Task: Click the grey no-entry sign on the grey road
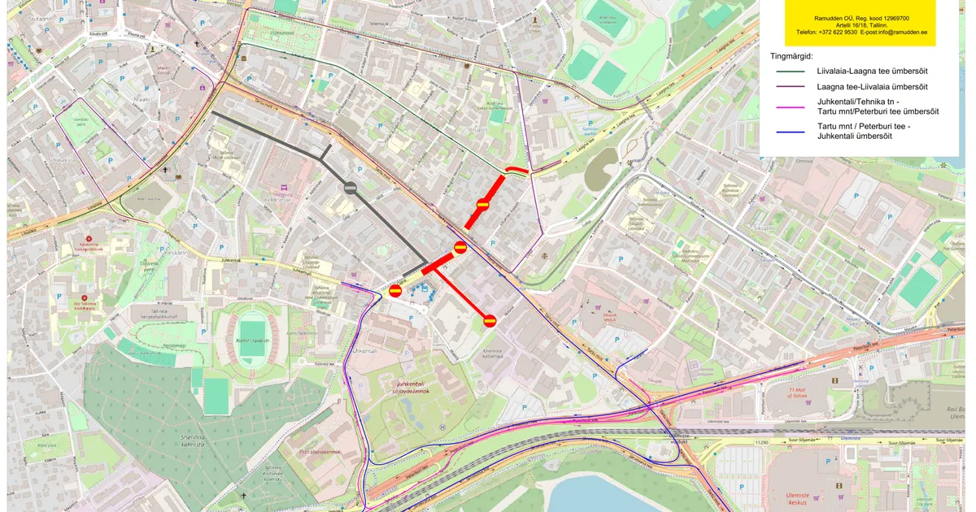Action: (x=350, y=188)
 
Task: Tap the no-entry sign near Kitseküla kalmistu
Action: (x=490, y=320)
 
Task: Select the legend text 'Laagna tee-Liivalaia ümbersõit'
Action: (x=872, y=86)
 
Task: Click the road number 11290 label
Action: (x=761, y=443)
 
